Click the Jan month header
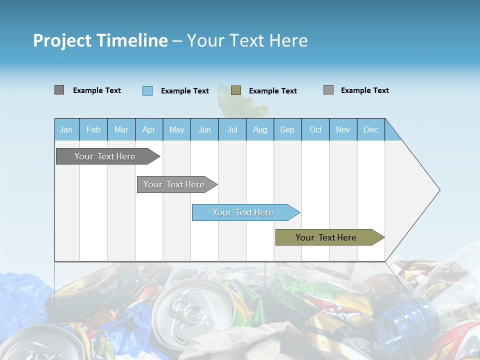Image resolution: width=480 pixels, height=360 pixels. coord(66,129)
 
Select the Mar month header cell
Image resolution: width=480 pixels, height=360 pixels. coord(121,129)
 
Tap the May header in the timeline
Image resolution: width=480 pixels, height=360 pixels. coord(176,129)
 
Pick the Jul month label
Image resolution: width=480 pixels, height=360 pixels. coord(232,129)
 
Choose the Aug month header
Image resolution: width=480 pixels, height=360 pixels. coord(259,129)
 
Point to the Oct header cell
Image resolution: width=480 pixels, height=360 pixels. coord(315,129)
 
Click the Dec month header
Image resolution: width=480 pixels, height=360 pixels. coord(370,129)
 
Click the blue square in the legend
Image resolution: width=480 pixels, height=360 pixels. coord(147,90)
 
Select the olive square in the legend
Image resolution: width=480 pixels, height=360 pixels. coord(236,90)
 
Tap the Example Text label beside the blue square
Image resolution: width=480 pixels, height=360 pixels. coord(184,91)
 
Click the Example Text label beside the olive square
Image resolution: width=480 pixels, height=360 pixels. coord(272,91)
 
